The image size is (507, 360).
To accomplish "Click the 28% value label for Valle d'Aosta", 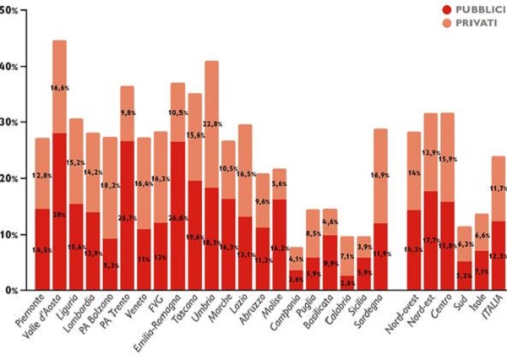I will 60,214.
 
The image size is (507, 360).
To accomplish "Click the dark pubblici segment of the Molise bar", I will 280,254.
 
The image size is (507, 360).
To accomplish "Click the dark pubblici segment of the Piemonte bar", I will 42,262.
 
